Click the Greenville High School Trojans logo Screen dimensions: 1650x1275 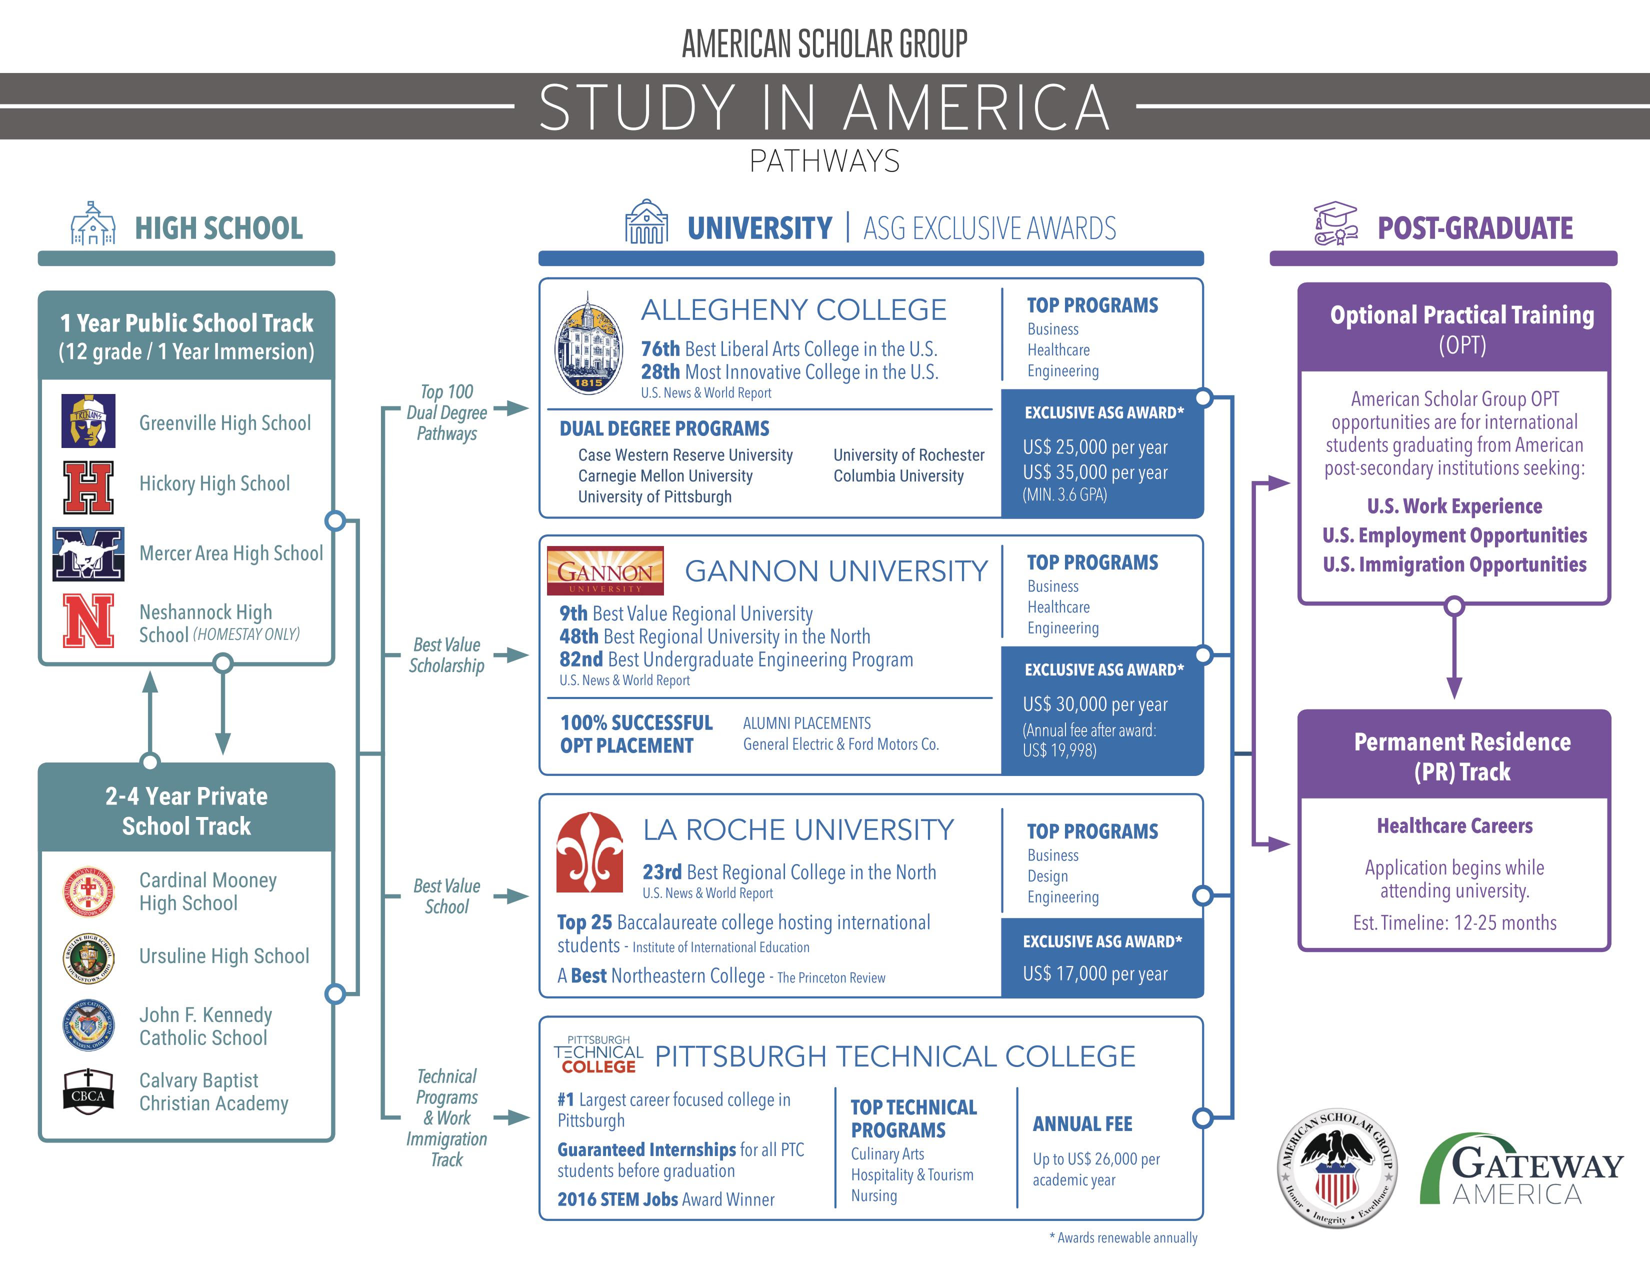click(88, 420)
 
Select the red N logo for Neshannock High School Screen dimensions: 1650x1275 click(88, 620)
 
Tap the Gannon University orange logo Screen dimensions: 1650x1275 click(605, 571)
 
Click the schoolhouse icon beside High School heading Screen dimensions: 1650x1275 click(93, 223)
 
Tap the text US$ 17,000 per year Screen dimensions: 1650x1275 click(1094, 973)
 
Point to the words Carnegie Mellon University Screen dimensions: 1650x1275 click(665, 476)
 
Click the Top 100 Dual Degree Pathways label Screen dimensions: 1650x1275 click(446, 412)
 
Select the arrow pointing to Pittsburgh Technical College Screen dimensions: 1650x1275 click(512, 1117)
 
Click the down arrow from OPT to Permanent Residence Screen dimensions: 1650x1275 click(1453, 655)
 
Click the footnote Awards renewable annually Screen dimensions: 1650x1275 click(1123, 1237)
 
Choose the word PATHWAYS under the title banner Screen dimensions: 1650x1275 click(824, 161)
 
